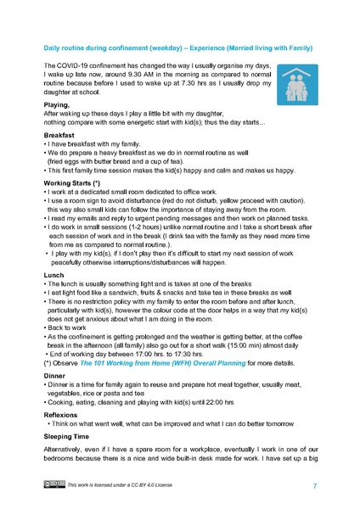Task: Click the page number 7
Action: (x=314, y=486)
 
